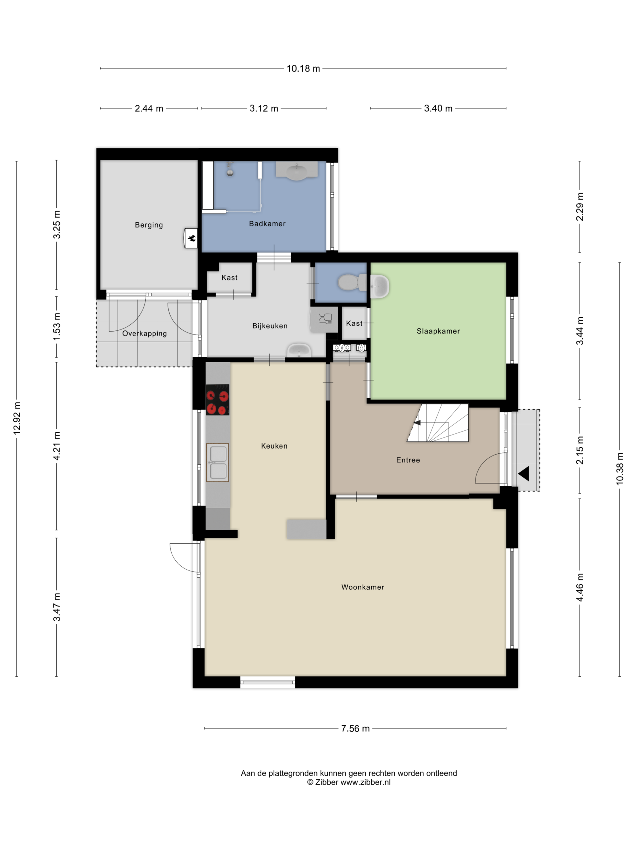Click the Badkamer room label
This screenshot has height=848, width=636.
point(267,224)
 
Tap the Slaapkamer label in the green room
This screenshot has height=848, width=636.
point(438,331)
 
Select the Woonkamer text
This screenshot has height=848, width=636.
point(363,587)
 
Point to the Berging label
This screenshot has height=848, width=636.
point(149,225)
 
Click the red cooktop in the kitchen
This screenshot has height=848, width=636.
point(217,399)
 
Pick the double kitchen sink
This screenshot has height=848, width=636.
point(218,462)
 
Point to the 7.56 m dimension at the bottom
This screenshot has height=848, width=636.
point(355,728)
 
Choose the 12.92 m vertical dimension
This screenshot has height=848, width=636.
point(17,418)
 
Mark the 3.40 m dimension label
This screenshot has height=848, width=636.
point(438,108)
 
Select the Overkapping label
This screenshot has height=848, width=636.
point(144,333)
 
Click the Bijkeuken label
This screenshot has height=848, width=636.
point(270,326)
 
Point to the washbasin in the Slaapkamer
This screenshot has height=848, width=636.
point(379,286)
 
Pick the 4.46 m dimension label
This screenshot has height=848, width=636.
point(580,587)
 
